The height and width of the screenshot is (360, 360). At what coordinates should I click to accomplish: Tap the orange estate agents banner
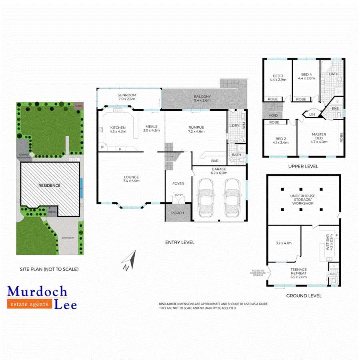pos(30,304)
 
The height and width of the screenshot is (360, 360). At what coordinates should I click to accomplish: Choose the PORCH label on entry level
pos(178,213)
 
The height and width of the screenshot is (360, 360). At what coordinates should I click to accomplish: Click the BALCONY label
pos(202,97)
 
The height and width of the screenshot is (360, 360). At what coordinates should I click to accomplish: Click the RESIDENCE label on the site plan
pos(50,186)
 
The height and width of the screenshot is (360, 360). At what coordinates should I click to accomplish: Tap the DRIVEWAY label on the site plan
pos(68,238)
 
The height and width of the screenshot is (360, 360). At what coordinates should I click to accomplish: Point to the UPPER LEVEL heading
pos(303,166)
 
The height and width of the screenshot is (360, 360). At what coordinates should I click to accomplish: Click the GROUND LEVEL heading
pos(304,296)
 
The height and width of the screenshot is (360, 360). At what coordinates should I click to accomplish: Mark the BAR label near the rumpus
pos(214,161)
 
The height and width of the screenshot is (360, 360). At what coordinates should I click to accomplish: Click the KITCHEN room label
pos(118,128)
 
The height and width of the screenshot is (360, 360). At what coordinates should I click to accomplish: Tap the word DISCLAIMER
pos(167,304)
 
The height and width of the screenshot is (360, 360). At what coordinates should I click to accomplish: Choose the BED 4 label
pos(306,74)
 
